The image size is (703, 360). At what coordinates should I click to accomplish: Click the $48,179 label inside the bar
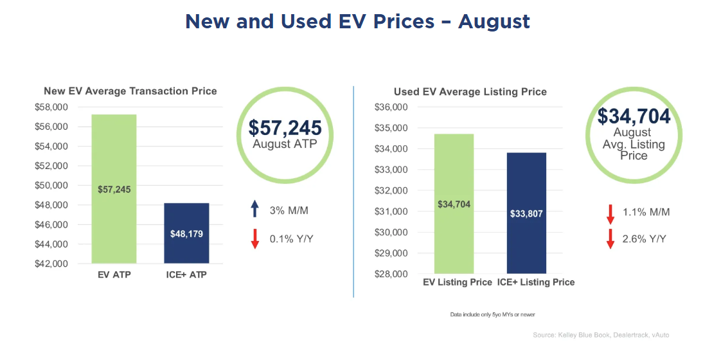point(186,234)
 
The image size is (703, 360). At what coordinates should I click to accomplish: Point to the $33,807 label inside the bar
point(526,213)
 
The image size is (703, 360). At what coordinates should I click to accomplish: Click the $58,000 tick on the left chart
point(53,107)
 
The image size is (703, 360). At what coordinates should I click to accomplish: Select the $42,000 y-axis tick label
point(53,264)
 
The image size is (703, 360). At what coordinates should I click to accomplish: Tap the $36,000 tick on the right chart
point(391,107)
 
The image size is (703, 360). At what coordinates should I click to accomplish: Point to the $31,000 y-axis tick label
point(391,212)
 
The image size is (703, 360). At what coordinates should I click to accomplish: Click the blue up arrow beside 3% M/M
point(254,208)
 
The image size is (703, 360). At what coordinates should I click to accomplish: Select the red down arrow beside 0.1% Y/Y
point(254,239)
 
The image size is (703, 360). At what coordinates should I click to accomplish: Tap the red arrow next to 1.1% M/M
point(610,213)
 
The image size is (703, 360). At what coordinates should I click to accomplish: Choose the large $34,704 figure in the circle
point(634,116)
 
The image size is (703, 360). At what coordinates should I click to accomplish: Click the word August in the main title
point(494,21)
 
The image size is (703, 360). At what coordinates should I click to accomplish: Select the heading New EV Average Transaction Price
point(130,91)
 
